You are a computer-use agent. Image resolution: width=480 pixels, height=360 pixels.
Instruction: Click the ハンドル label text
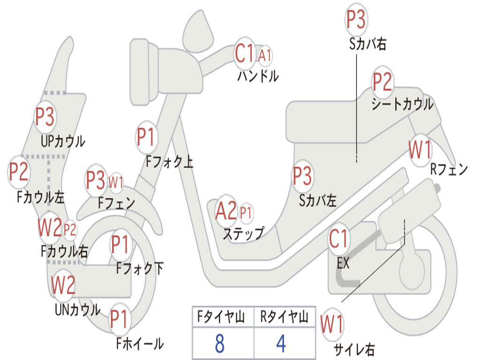point(258,76)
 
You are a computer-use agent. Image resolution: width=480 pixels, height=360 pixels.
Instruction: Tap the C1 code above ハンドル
point(244,53)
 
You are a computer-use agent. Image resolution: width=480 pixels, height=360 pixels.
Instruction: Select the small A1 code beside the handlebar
point(264,56)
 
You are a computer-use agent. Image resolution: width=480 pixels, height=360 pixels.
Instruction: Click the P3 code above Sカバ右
point(356,19)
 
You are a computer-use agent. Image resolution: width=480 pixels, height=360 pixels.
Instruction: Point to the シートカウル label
point(403,104)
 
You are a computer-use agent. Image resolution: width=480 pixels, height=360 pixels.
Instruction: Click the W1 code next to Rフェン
point(420,150)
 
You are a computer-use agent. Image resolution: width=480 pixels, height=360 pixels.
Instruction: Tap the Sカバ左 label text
point(318,201)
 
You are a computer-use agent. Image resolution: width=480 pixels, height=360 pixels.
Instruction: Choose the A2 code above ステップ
point(226,211)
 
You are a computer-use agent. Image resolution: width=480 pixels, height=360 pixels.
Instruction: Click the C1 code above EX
point(338,239)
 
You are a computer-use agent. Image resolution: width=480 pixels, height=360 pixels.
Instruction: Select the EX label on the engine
point(343,263)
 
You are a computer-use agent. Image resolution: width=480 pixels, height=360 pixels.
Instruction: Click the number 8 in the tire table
point(219,344)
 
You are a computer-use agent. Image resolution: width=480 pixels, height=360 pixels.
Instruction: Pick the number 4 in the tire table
point(281,344)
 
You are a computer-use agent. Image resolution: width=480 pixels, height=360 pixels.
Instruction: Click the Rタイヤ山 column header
point(284,316)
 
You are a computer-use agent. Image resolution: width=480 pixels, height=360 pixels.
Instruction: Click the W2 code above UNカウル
point(63,285)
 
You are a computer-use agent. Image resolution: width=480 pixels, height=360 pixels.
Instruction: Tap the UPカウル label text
point(63,142)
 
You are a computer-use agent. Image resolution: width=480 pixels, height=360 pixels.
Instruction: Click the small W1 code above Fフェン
point(116,183)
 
